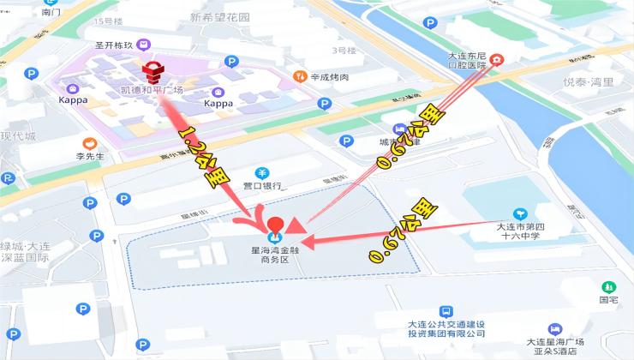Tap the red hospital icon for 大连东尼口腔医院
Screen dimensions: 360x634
(x=496, y=60)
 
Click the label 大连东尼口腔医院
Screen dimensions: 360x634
(x=469, y=60)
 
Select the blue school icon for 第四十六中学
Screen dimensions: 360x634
(x=519, y=213)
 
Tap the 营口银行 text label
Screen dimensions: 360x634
(x=262, y=185)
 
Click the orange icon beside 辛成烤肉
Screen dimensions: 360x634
(x=299, y=76)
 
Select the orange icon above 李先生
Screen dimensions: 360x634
(x=89, y=143)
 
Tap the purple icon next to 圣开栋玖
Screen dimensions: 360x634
(x=143, y=45)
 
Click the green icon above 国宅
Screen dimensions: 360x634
(x=608, y=286)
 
